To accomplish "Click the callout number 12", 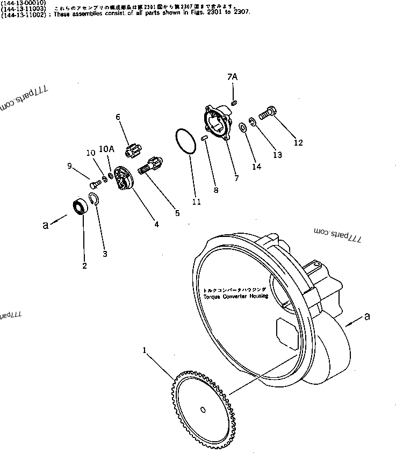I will pyautogui.click(x=298, y=143).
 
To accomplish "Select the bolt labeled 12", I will pyautogui.click(x=266, y=114).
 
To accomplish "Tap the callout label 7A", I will pyautogui.click(x=232, y=77).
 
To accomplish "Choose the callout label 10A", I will pyautogui.click(x=106, y=149).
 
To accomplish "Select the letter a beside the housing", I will pyautogui.click(x=367, y=317).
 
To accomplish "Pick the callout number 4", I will pyautogui.click(x=156, y=224).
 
